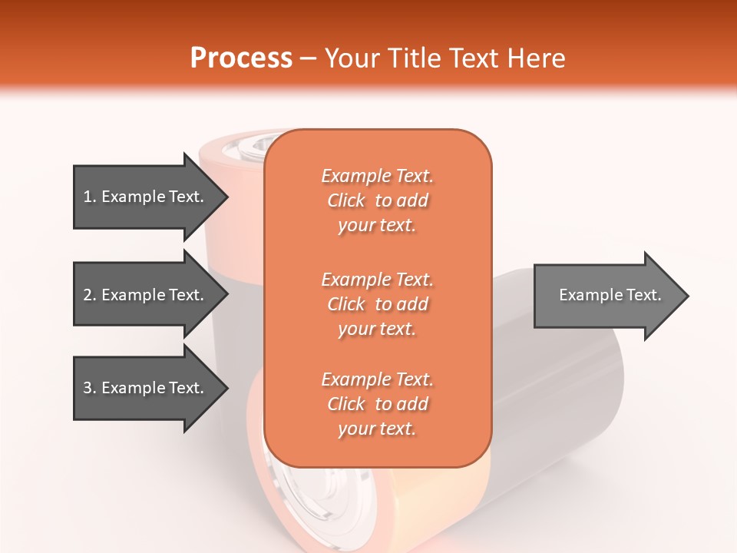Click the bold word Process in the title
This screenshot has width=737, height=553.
pos(241,58)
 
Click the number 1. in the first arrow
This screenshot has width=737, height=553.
pos(90,197)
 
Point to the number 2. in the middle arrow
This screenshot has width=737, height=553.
pos(90,295)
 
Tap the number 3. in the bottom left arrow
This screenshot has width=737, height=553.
pos(90,388)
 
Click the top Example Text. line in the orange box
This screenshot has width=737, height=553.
pos(377,176)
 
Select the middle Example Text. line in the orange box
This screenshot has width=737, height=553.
pos(377,279)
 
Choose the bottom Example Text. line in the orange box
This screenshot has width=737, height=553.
pos(377,379)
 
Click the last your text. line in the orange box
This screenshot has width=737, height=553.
pos(377,429)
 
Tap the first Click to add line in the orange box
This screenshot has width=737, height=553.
pos(377,200)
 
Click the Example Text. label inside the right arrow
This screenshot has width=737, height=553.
pos(610,295)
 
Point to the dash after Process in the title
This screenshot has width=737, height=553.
pos(309,58)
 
